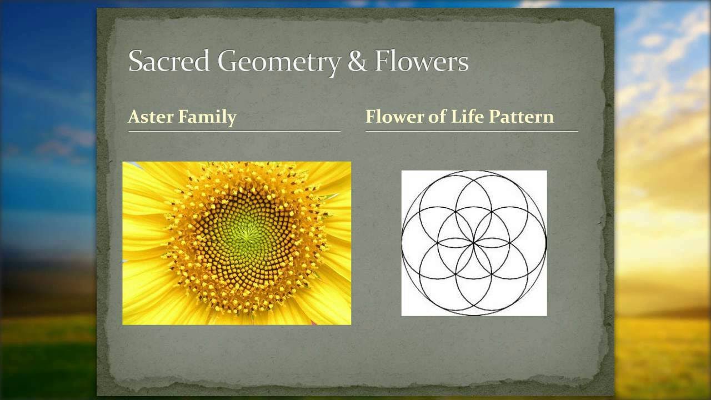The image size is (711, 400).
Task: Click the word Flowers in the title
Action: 422,62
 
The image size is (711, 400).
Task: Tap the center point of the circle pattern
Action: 474,243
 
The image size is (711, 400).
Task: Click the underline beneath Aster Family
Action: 234,131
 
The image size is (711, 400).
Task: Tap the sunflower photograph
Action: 167,278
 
